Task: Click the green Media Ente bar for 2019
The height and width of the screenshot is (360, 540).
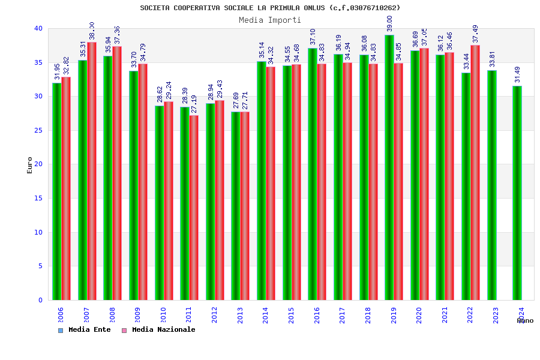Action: coord(389,168)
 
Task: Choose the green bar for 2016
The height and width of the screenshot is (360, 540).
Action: coord(313,174)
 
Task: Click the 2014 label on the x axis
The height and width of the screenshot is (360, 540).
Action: coord(266,316)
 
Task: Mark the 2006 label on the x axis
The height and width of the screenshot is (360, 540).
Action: coord(61,316)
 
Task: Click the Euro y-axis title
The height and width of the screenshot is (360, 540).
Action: coord(30,165)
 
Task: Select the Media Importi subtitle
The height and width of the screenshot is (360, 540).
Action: coord(270,20)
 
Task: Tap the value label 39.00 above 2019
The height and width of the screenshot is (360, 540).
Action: coord(389,24)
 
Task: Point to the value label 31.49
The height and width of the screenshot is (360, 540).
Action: coord(517,74)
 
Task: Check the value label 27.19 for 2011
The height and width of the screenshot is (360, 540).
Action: coord(194,104)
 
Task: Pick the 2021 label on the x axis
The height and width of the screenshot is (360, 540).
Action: coord(445,316)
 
